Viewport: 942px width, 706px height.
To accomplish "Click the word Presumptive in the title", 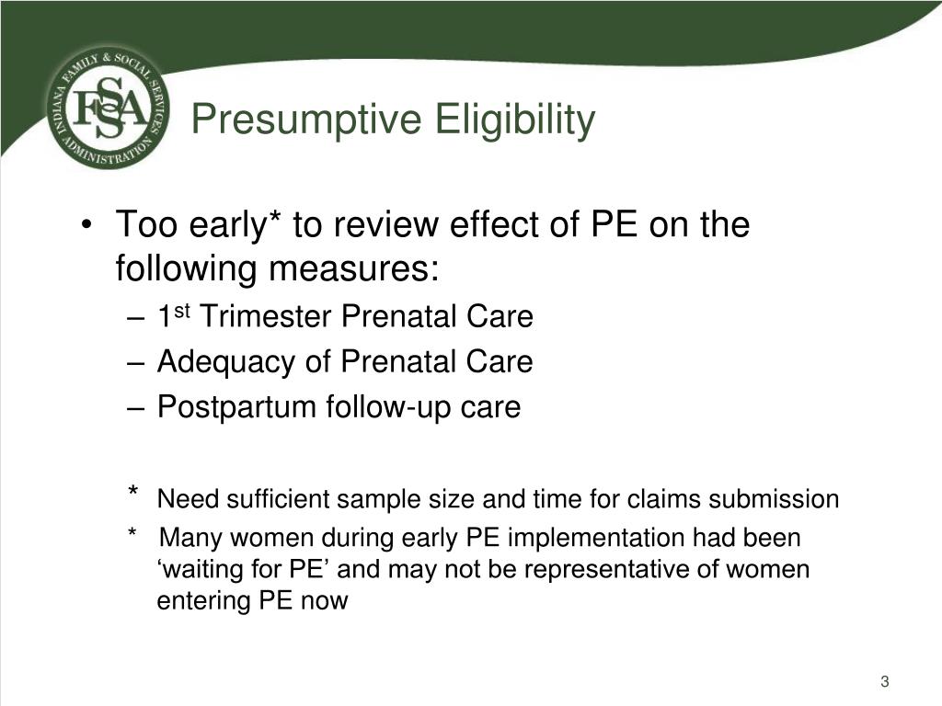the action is [307, 120].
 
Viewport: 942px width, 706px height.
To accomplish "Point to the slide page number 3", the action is [884, 681].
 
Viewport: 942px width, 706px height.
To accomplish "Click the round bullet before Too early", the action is [87, 225].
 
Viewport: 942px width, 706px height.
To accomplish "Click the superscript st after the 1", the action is [182, 311].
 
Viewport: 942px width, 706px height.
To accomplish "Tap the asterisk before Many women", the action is [132, 532].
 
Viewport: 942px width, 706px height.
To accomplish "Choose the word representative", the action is [607, 570].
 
